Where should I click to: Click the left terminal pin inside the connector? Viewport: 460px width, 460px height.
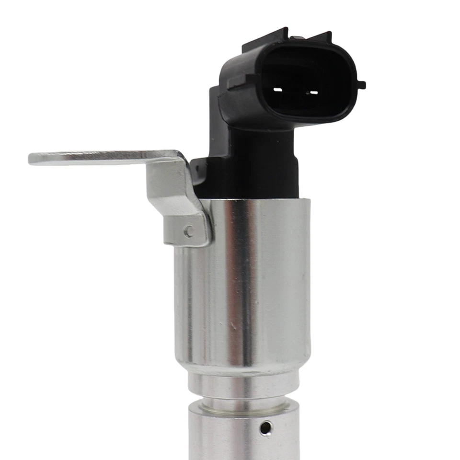pos(276,90)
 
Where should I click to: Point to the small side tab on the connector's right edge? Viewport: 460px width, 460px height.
pos(360,85)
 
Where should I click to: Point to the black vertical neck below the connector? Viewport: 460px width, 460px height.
pos(254,158)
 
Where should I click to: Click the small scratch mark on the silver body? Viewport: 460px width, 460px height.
pos(233,326)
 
